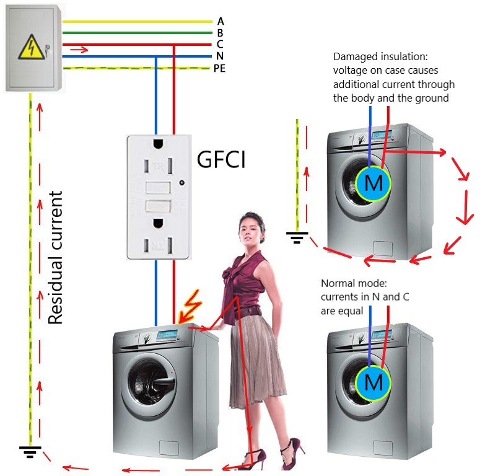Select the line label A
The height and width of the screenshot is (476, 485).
tap(221, 22)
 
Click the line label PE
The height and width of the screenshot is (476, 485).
tap(219, 68)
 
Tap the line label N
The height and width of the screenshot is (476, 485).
tap(221, 56)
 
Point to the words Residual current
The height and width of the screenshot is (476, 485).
tap(56, 258)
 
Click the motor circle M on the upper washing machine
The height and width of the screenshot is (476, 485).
tap(374, 183)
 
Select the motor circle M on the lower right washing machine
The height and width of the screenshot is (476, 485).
tap(374, 382)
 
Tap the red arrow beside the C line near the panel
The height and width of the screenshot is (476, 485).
tap(83, 49)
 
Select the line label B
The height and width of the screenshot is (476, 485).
tap(221, 33)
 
